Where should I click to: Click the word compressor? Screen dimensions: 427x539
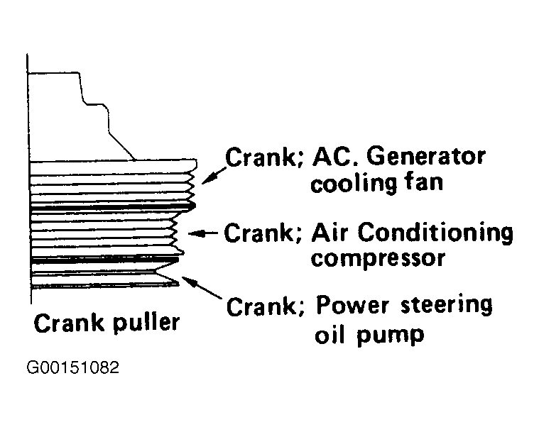(x=378, y=257)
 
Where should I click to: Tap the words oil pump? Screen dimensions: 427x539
(x=368, y=333)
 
